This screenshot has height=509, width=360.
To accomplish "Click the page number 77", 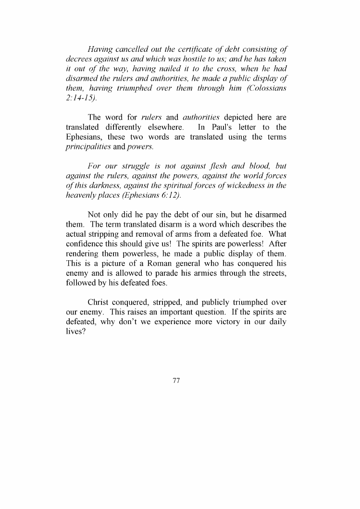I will [176, 381].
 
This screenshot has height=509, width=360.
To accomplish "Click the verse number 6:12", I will [160, 196].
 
